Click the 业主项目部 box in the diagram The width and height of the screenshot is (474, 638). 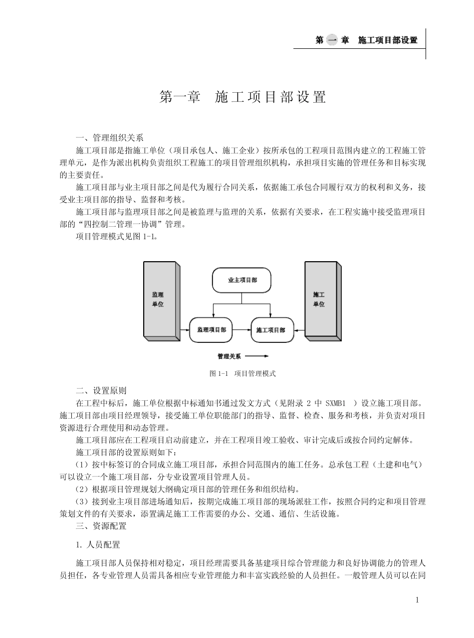tap(242, 280)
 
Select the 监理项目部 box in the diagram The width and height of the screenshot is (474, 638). tap(212, 329)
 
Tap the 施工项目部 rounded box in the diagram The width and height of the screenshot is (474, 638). tap(272, 330)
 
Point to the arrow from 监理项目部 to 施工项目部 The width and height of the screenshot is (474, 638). tap(241, 329)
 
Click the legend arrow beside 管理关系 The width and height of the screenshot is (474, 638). tap(257, 356)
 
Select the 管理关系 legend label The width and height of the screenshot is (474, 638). tap(229, 356)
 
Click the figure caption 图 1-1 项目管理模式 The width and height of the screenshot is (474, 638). tap(242, 373)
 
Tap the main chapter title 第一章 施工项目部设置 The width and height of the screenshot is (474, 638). tap(242, 97)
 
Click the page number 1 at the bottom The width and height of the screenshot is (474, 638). tap(417, 600)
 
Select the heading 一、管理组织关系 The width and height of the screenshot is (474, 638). tap(109, 138)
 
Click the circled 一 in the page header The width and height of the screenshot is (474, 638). tap(331, 40)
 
